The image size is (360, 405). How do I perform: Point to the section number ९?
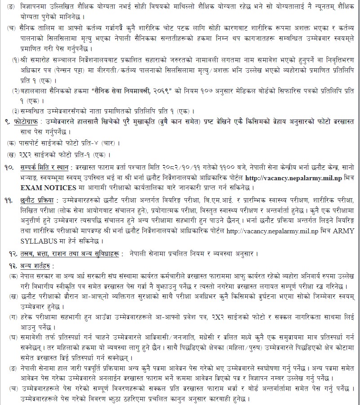pos(13,122)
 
